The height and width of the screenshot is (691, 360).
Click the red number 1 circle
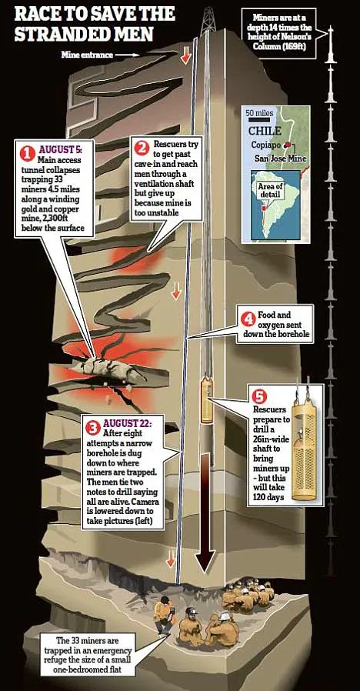click(x=28, y=153)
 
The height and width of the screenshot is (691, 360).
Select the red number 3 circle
click(x=93, y=427)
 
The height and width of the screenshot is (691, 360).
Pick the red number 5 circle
click(x=258, y=396)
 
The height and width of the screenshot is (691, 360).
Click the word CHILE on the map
click(x=265, y=131)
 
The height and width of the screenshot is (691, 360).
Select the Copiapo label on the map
click(x=266, y=145)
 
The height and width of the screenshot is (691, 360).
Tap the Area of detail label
click(x=271, y=190)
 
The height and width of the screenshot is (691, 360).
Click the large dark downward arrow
click(x=206, y=513)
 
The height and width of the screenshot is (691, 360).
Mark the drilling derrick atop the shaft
click(x=208, y=21)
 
